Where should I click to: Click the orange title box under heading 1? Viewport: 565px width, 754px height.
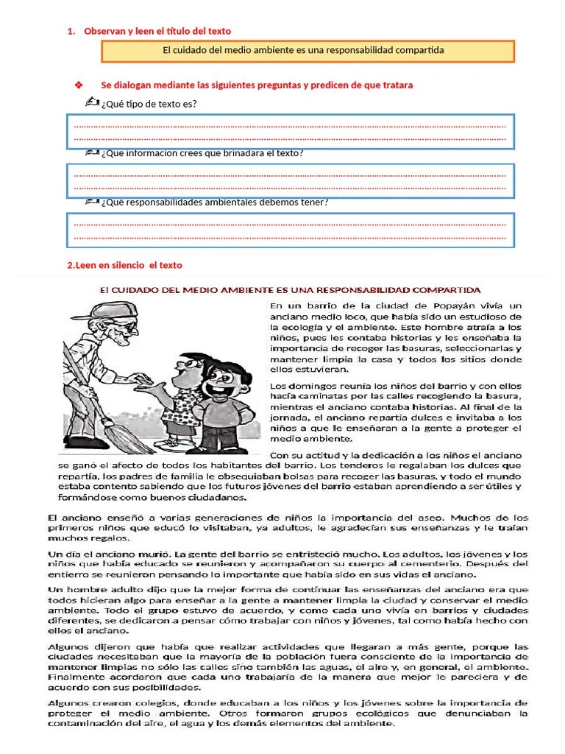308,51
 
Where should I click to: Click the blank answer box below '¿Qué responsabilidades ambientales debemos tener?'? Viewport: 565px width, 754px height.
291,229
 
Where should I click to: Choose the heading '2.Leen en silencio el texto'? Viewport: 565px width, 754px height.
124,265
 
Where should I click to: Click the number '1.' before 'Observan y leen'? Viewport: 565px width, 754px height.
71,31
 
